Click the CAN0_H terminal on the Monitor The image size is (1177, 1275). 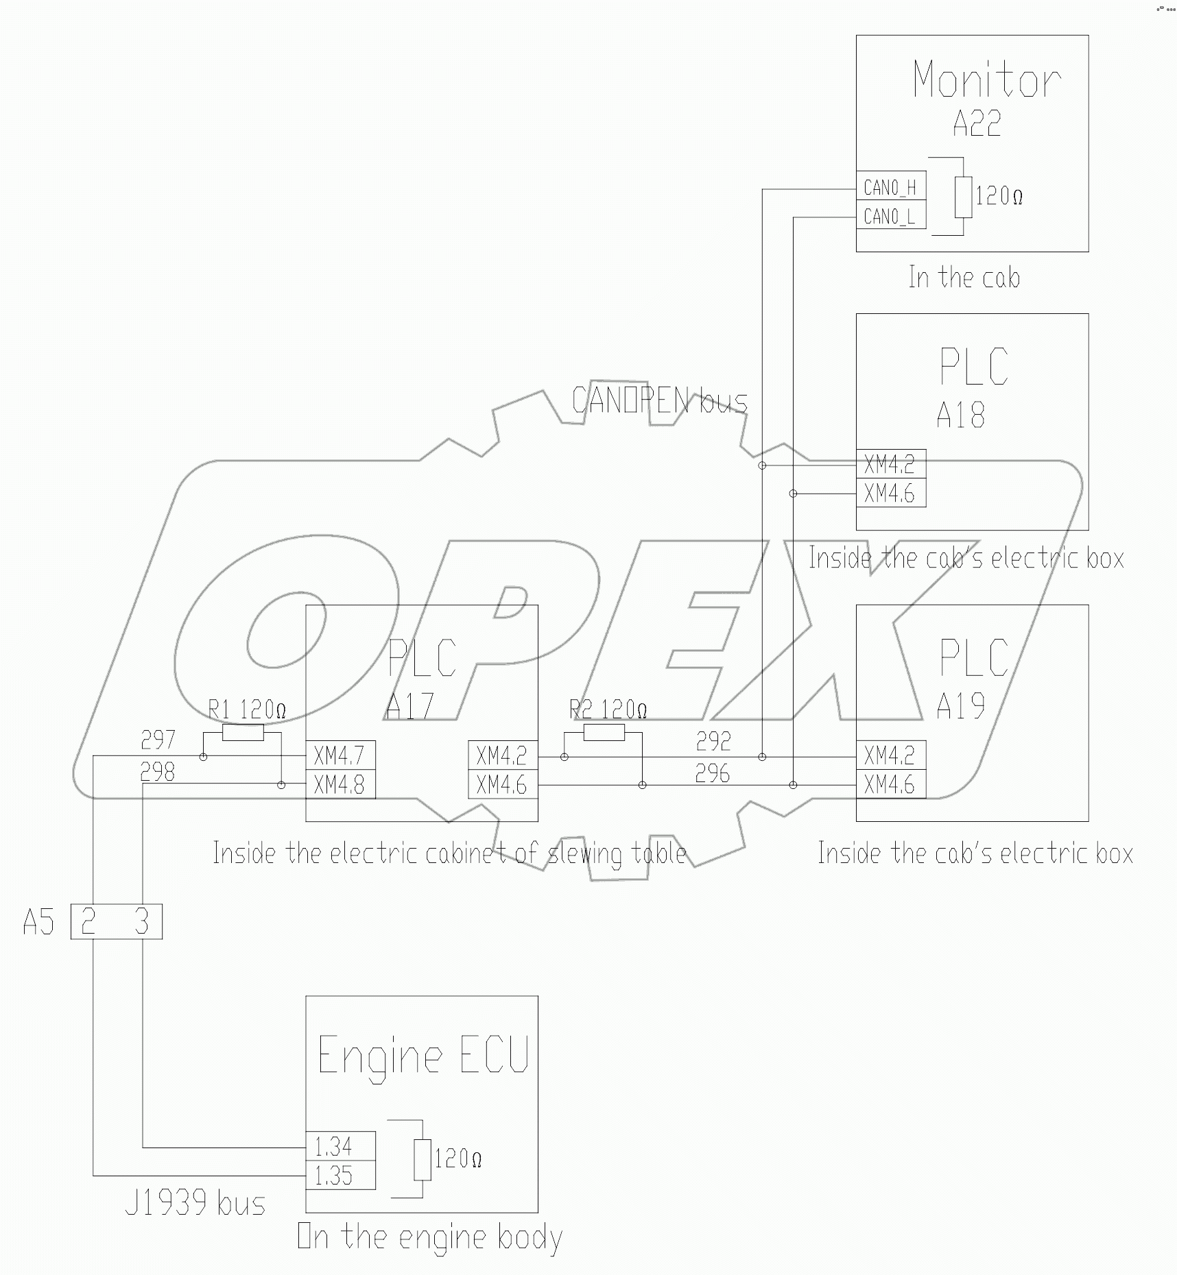[890, 186]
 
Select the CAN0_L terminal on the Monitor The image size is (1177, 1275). [890, 217]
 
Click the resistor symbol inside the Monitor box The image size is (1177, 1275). [963, 197]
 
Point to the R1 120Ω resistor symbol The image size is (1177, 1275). [243, 733]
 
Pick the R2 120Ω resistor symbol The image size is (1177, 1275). [604, 733]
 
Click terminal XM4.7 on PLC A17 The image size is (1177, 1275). [340, 756]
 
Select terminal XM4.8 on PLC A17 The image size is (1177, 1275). [340, 785]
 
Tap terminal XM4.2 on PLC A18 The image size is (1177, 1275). [890, 464]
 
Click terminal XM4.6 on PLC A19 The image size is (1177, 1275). [890, 785]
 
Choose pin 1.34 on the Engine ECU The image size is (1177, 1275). [340, 1146]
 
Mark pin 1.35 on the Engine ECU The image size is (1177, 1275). [340, 1176]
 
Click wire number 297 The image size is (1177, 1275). [158, 740]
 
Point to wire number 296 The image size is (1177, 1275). [713, 774]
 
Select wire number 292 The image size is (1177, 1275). [713, 741]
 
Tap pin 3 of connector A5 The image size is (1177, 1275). [141, 922]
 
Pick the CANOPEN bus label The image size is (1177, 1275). [659, 400]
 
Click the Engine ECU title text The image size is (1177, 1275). [423, 1056]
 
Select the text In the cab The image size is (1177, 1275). [964, 278]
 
